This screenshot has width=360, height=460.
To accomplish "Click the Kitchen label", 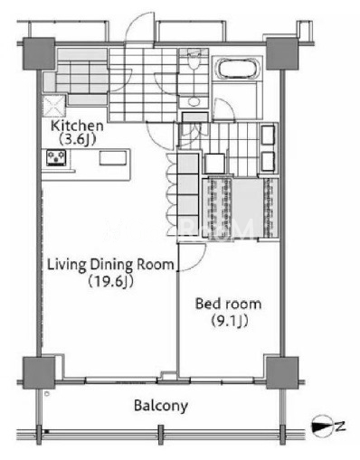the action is (77, 126).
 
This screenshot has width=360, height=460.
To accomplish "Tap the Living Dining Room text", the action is (111, 265).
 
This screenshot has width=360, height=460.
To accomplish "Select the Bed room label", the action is (228, 304).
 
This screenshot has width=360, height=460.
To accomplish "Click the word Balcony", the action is (161, 406).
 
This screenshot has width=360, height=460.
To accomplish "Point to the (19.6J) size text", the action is (110, 282).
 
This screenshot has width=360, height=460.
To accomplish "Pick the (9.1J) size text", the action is (230, 321).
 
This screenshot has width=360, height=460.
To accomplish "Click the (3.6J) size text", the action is (77, 139).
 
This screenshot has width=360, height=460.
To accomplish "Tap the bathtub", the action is (237, 69).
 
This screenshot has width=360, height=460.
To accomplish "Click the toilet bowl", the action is (194, 62).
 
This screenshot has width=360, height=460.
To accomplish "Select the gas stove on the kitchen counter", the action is (56, 157).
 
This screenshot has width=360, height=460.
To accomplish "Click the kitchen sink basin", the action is (113, 158).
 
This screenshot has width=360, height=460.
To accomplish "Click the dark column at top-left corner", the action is (39, 53).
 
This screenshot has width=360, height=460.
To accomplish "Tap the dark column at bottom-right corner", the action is (282, 372).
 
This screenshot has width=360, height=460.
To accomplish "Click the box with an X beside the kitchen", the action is (54, 106).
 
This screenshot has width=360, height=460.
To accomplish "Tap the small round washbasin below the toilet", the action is (194, 102).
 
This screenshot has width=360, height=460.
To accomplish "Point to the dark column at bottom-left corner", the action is (39, 372).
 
